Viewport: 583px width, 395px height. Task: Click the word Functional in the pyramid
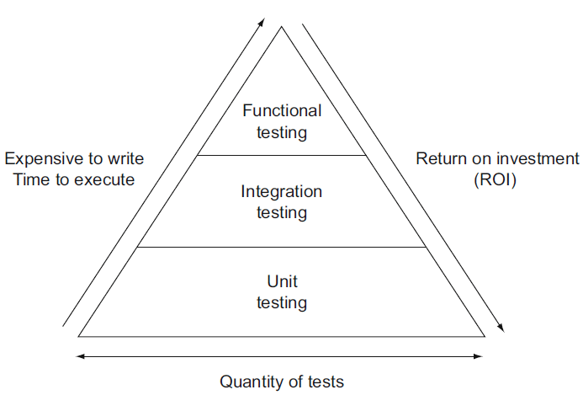point(282,110)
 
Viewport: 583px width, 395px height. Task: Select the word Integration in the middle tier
point(282,191)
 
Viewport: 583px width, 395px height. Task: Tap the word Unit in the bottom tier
point(282,280)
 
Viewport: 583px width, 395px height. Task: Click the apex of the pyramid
point(282,27)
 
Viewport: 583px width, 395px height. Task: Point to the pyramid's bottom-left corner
point(79,336)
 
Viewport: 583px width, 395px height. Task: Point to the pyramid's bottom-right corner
point(485,336)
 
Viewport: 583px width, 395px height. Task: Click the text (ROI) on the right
point(497,179)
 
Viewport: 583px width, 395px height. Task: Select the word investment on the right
point(539,159)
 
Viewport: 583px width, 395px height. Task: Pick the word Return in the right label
point(438,159)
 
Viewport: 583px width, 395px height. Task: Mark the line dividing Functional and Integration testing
point(282,155)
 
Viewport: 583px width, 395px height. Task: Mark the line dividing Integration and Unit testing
point(282,247)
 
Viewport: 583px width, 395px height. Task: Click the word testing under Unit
point(282,302)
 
